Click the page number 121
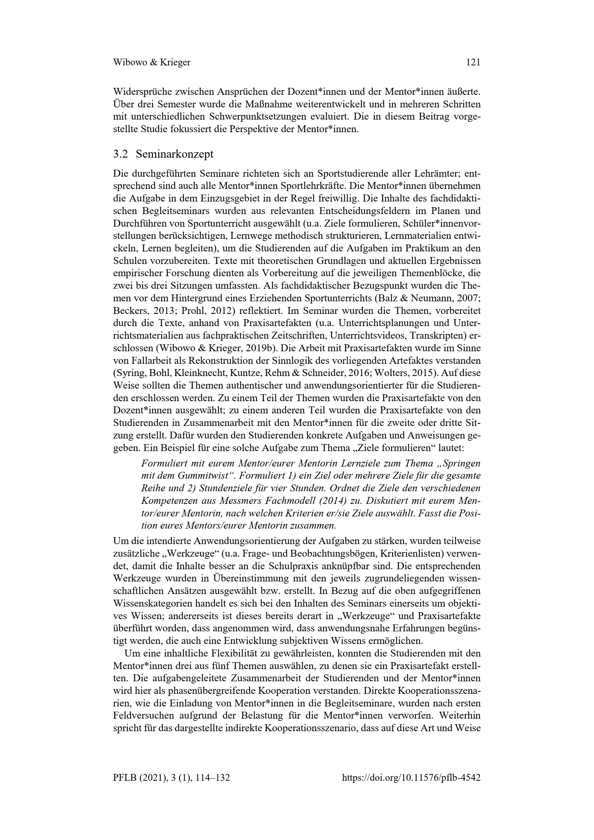473,62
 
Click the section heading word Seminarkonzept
175,154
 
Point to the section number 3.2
120,154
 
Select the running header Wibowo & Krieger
152,62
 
